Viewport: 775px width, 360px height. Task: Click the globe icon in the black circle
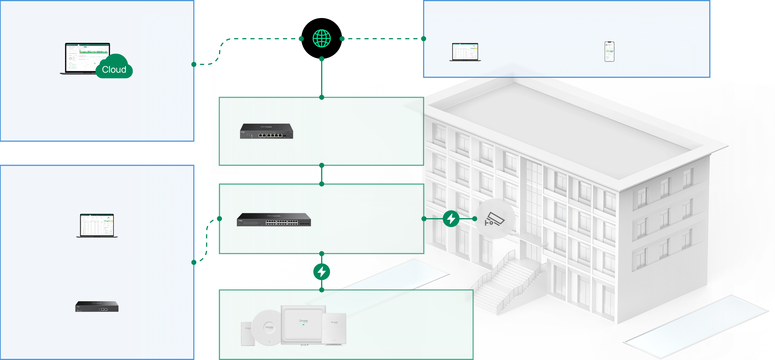click(322, 38)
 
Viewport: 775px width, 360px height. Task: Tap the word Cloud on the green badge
click(114, 69)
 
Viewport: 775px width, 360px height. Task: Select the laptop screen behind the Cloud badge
click(88, 56)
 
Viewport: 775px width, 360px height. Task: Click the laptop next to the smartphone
click(465, 52)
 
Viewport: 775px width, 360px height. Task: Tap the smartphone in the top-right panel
click(609, 51)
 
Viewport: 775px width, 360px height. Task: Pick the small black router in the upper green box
click(266, 131)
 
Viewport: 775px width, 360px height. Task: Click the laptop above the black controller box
click(97, 225)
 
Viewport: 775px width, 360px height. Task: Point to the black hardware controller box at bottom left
click(97, 306)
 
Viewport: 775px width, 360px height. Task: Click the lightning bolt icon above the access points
click(322, 272)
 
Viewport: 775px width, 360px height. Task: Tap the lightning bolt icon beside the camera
click(451, 219)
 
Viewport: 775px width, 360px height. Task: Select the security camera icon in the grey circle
click(495, 219)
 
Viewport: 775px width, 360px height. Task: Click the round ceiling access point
click(268, 327)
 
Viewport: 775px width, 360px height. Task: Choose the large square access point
click(303, 324)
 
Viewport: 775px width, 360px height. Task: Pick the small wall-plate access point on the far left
click(247, 334)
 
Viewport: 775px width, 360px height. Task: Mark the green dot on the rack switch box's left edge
click(220, 219)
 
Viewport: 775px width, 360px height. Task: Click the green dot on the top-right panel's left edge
click(424, 39)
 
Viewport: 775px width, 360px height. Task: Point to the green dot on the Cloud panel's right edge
click(194, 64)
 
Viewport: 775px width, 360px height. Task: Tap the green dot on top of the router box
click(322, 97)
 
